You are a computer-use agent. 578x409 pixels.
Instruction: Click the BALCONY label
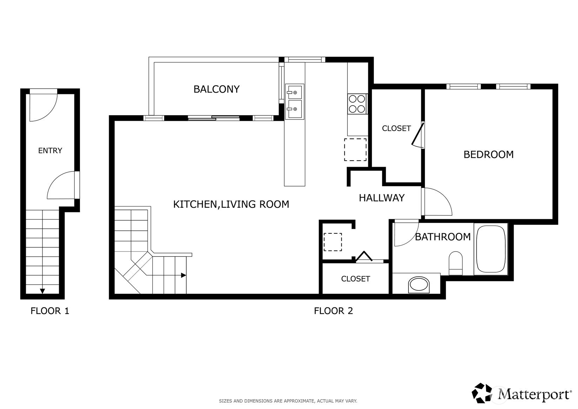click(x=217, y=89)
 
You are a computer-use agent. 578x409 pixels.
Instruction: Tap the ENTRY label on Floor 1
click(x=50, y=150)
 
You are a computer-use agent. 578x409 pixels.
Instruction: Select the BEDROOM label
click(x=489, y=155)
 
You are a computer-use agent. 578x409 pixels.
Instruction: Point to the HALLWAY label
click(x=381, y=198)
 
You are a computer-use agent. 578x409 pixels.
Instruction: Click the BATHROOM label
click(x=443, y=237)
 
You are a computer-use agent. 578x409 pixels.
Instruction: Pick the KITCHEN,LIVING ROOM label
click(x=231, y=204)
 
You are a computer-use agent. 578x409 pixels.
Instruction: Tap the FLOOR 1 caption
click(x=50, y=311)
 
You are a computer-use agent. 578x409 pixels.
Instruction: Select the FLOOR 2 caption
click(x=333, y=311)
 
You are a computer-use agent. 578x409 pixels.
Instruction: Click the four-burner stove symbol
click(x=357, y=104)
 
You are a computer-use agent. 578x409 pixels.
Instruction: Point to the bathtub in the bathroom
click(x=491, y=249)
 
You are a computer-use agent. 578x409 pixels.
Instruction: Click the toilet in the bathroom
click(x=456, y=263)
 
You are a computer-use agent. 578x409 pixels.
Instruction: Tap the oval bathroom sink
click(x=419, y=285)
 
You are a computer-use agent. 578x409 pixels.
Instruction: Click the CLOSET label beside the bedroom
click(x=396, y=128)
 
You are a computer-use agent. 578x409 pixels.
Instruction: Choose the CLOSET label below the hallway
click(x=356, y=279)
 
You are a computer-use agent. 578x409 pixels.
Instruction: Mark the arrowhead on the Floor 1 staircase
click(x=42, y=291)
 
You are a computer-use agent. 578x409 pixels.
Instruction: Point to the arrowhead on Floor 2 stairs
click(x=184, y=275)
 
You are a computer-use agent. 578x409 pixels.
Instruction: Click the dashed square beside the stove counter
click(x=355, y=150)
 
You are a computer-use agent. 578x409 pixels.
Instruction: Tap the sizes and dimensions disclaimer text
click(x=288, y=401)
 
